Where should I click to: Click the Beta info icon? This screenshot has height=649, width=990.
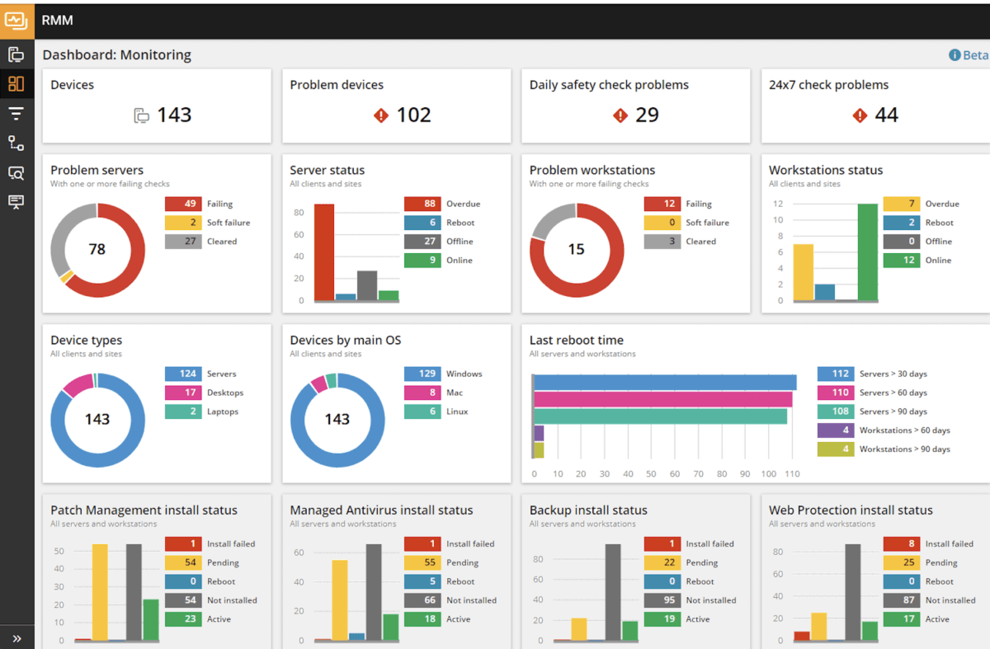pyautogui.click(x=955, y=55)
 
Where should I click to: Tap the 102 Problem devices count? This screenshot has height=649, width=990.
pyautogui.click(x=413, y=115)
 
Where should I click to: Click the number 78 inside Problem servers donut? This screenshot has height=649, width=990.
pyautogui.click(x=97, y=249)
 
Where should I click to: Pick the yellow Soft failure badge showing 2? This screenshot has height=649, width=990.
pyautogui.click(x=183, y=223)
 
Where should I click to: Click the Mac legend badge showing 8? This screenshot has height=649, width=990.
pyautogui.click(x=422, y=393)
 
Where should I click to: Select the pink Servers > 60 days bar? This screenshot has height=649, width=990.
pyautogui.click(x=663, y=399)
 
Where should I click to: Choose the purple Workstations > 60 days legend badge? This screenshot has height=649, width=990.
pyautogui.click(x=835, y=430)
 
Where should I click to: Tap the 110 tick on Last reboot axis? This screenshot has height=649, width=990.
pyautogui.click(x=792, y=474)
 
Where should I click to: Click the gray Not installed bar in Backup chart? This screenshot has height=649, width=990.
pyautogui.click(x=612, y=591)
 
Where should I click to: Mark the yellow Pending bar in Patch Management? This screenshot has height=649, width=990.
pyautogui.click(x=100, y=591)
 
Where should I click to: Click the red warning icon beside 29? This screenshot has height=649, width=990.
pyautogui.click(x=620, y=115)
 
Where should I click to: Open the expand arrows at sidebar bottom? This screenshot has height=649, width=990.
pyautogui.click(x=16, y=638)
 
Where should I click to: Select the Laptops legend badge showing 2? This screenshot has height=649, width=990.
pyautogui.click(x=183, y=412)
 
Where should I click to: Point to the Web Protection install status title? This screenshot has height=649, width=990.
pyautogui.click(x=851, y=510)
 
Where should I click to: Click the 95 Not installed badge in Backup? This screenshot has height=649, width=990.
pyautogui.click(x=662, y=600)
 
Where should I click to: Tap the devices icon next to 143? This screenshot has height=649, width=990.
pyautogui.click(x=141, y=115)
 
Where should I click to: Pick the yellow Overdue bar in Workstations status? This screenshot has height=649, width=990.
pyautogui.click(x=803, y=272)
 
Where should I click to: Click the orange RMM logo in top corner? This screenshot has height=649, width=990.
pyautogui.click(x=16, y=20)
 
